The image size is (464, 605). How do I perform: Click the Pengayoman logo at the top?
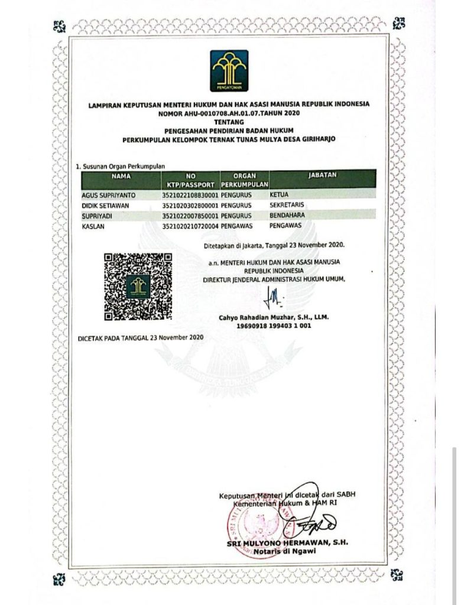tap(229, 71)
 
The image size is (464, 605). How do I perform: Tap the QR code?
tap(138, 287)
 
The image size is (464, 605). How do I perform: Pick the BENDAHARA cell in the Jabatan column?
tap(288, 216)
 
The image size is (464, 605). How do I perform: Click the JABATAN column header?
tap(322, 176)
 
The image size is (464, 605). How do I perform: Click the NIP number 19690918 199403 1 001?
tap(274, 326)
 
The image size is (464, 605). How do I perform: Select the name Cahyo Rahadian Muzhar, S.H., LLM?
tap(274, 317)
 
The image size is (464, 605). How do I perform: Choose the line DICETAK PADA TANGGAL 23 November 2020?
tap(141, 337)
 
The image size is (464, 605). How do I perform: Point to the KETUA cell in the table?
tap(280, 194)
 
